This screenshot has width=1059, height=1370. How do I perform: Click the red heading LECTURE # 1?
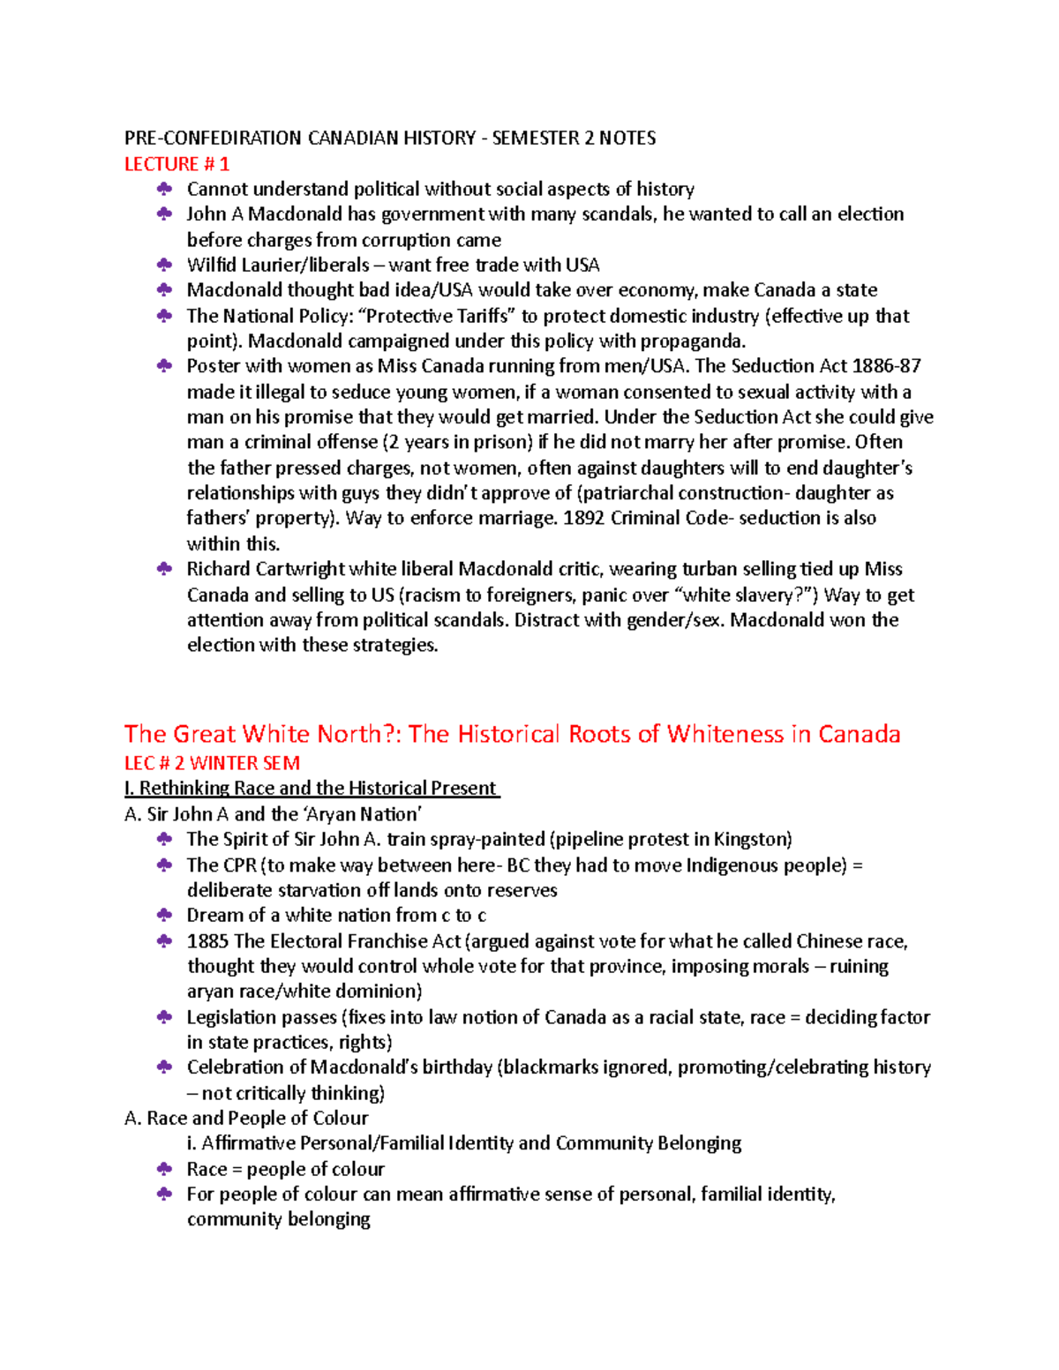tap(176, 164)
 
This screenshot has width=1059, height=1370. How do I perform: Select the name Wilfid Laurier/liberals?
tap(278, 265)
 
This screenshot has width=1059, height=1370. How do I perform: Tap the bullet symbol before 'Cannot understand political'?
tap(164, 189)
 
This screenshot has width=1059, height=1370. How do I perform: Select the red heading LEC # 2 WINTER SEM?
tap(212, 763)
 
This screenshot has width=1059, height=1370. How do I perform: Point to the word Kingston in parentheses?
tap(750, 839)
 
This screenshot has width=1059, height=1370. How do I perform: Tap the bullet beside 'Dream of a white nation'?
tap(164, 915)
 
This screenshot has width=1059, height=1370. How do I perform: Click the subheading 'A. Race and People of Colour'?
tap(246, 1118)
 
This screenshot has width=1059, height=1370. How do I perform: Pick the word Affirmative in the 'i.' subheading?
tap(247, 1143)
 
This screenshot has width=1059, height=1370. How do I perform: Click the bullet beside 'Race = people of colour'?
tap(164, 1169)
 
